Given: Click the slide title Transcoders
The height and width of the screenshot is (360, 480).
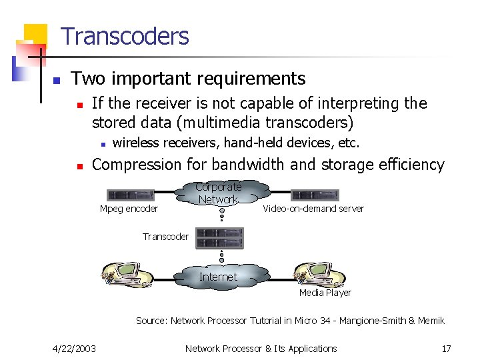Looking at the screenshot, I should (x=125, y=36).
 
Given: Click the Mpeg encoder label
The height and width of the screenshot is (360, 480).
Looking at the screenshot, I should (x=129, y=209).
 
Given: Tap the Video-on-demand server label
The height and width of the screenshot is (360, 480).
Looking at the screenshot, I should (x=313, y=209).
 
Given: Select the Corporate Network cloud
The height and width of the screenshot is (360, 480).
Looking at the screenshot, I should (x=218, y=193).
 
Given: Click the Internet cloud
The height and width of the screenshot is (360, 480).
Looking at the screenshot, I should (x=218, y=276).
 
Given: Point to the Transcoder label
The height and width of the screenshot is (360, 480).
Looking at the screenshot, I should (x=165, y=237).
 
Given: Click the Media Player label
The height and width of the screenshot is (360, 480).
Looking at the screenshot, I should (x=325, y=292).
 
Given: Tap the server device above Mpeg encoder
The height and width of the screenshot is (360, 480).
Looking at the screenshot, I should (x=131, y=195).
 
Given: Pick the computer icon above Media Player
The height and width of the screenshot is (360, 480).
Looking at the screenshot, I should (x=320, y=274).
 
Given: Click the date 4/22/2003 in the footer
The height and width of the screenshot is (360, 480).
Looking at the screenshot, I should (x=74, y=348).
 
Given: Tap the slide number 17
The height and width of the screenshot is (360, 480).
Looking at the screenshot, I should (x=446, y=348).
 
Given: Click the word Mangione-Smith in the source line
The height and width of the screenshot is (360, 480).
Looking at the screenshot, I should (x=378, y=321).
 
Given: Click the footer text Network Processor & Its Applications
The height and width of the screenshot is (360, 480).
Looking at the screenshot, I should (x=261, y=348).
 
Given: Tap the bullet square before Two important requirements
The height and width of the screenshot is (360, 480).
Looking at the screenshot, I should (x=57, y=80).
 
